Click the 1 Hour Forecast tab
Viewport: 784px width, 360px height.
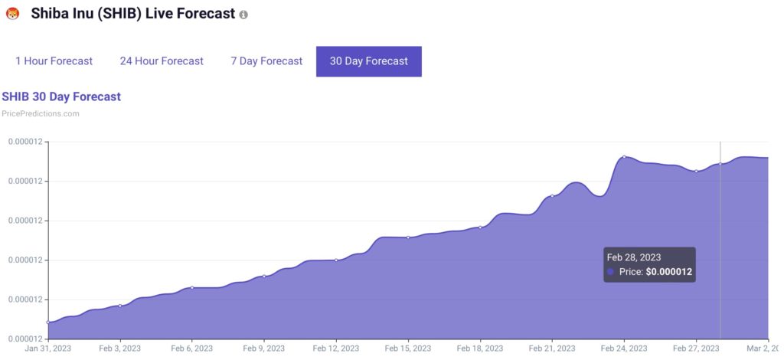tap(54, 61)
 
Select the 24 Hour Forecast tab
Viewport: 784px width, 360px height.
tap(162, 61)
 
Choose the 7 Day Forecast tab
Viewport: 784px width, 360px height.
tap(266, 61)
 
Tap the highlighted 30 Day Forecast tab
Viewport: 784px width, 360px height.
tap(368, 61)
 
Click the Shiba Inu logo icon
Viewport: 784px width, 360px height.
tap(12, 14)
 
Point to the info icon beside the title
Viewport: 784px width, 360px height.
tap(243, 15)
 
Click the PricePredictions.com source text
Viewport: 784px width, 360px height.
tap(41, 113)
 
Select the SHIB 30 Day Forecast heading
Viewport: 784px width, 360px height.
tap(61, 97)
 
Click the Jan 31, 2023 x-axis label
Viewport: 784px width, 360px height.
tap(47, 348)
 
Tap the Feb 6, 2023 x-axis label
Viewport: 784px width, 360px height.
tap(191, 348)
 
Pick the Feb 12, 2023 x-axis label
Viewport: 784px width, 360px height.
tap(336, 348)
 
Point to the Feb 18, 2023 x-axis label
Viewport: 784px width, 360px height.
tap(480, 348)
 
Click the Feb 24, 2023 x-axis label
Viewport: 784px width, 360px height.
tap(624, 348)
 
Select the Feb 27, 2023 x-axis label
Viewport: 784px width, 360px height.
tap(696, 348)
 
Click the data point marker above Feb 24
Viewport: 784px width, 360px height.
tap(624, 157)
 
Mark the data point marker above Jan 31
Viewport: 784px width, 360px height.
tap(48, 322)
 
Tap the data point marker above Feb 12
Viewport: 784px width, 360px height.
tap(336, 260)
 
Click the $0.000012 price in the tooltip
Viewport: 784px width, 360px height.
tap(670, 272)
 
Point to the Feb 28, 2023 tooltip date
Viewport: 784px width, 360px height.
tap(633, 257)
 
